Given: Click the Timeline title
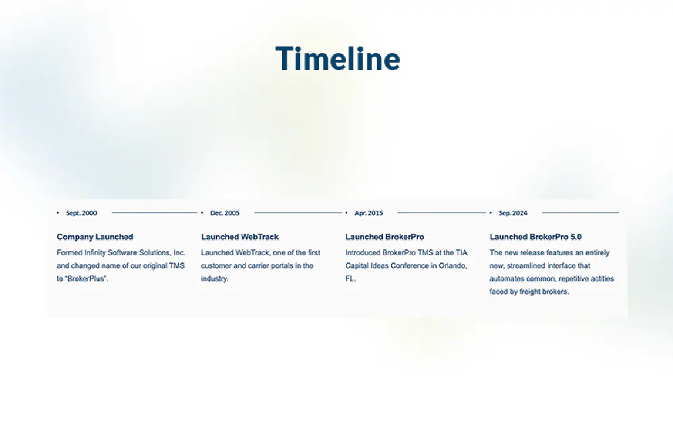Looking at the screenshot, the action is (338, 59).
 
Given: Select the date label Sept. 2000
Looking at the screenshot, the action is (81, 213).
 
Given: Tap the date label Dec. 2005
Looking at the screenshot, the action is (225, 213).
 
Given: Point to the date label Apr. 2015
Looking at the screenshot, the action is (369, 213).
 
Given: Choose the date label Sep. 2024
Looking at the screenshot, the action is (513, 213).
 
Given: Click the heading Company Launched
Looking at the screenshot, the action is (95, 236).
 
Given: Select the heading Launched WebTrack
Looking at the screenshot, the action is (240, 236).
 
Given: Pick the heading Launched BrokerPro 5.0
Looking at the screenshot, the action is (536, 236).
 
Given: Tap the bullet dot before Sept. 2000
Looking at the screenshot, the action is (58, 213).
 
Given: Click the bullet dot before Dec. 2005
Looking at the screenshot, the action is (202, 213).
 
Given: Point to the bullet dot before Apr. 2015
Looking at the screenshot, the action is (347, 213).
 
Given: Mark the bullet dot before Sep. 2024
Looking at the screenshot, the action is (491, 213).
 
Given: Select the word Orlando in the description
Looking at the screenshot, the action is (453, 265).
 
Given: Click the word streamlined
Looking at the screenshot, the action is (528, 265).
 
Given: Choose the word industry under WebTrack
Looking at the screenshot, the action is (215, 278).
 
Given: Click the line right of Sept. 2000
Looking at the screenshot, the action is (155, 212).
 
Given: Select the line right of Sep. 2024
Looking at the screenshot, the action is (580, 212).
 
